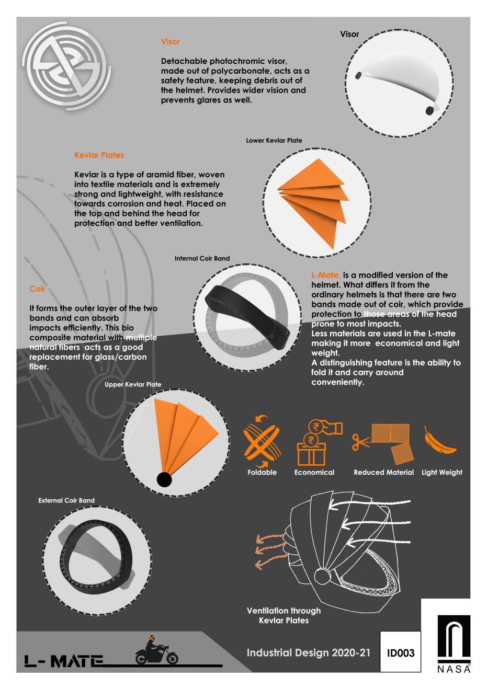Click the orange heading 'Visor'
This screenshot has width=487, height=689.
(x=171, y=42)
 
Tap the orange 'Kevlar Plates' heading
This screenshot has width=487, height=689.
(x=99, y=155)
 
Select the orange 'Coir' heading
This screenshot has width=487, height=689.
(x=38, y=289)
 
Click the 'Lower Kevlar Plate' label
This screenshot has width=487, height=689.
(x=274, y=141)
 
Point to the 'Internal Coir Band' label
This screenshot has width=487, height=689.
(x=202, y=258)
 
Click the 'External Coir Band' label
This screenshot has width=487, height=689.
(x=66, y=501)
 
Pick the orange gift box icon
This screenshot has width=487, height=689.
(x=311, y=453)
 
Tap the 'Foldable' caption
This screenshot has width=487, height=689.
(x=262, y=473)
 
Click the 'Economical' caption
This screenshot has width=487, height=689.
(x=314, y=473)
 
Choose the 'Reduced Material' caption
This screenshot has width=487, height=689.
(x=383, y=473)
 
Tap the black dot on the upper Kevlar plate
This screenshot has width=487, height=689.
(x=164, y=479)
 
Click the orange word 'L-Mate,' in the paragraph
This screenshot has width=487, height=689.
(x=326, y=275)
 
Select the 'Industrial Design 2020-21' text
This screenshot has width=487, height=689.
(x=308, y=653)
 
